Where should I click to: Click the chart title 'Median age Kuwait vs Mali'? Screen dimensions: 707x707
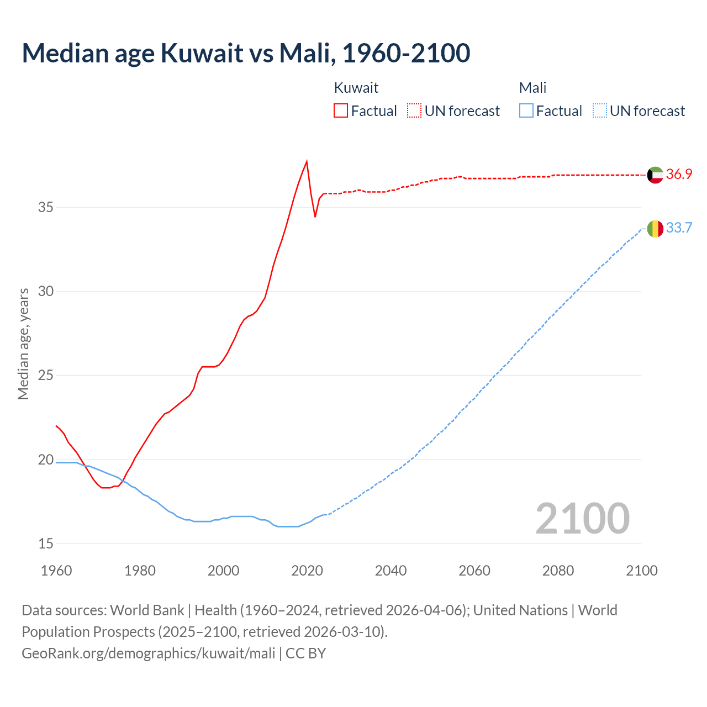246,53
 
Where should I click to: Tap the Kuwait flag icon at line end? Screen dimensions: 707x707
655,175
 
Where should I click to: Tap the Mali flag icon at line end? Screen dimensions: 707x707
655,228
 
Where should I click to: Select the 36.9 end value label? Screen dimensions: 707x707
679,175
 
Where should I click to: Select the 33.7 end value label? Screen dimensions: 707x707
679,228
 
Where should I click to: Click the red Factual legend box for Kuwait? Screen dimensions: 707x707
341,111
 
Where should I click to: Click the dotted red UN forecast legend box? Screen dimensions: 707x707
414,111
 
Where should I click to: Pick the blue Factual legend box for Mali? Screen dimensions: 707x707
526,111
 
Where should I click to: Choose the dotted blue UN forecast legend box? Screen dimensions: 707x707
599,111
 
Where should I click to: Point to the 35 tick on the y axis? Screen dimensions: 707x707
46,208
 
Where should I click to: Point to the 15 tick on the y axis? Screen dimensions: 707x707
46,544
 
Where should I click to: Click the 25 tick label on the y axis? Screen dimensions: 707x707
46,376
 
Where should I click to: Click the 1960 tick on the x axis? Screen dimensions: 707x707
56,571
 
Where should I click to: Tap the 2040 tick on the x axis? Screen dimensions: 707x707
391,571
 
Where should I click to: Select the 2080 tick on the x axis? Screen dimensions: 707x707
558,571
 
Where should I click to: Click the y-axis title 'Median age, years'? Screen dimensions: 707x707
23,344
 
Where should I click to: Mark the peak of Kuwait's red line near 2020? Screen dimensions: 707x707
307,161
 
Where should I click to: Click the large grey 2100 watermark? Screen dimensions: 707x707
582,518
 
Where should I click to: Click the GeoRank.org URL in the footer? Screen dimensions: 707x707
149,653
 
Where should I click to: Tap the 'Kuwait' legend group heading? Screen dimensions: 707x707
356,88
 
